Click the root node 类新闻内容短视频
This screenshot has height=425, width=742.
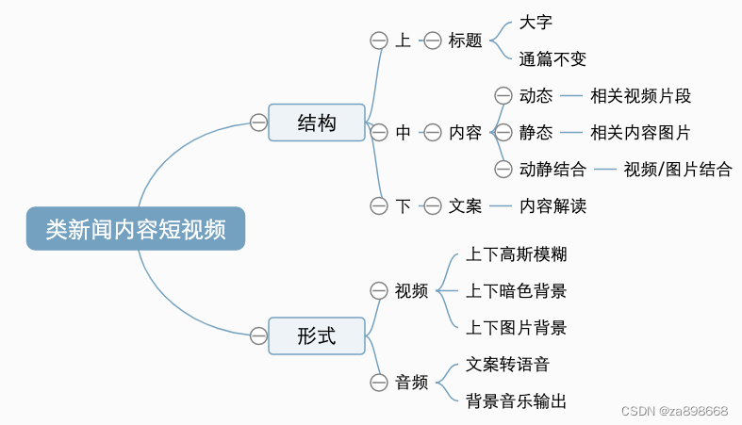click(x=136, y=229)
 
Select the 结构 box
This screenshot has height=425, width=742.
click(x=316, y=123)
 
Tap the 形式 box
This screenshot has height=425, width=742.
click(x=316, y=335)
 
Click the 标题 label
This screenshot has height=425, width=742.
click(x=465, y=41)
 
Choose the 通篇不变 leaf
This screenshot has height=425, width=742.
click(x=552, y=59)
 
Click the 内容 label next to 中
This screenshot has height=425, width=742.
click(x=465, y=133)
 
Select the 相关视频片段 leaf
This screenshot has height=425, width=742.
click(x=641, y=96)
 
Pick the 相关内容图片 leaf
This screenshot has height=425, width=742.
click(x=641, y=133)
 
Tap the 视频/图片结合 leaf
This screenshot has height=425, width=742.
click(x=678, y=170)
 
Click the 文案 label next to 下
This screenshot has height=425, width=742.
click(x=465, y=205)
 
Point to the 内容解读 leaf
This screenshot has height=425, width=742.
click(x=553, y=205)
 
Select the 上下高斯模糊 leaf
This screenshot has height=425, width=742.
click(x=517, y=254)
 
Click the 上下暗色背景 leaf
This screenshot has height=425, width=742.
click(x=517, y=291)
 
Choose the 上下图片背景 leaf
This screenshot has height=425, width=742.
click(x=517, y=328)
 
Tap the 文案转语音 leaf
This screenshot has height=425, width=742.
click(x=508, y=364)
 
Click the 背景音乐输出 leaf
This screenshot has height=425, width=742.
click(x=517, y=401)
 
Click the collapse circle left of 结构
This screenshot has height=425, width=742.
click(x=258, y=122)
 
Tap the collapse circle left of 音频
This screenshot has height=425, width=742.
click(x=379, y=383)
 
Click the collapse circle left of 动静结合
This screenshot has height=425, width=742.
click(x=503, y=170)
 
